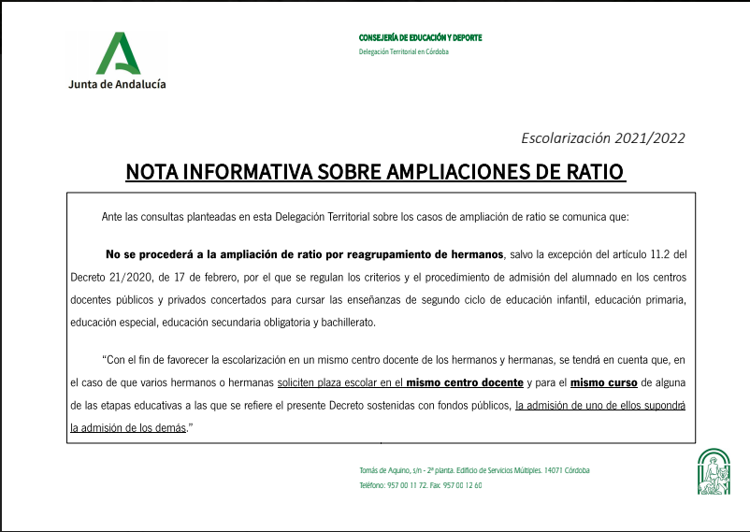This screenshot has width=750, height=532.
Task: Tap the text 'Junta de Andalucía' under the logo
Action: click(x=117, y=83)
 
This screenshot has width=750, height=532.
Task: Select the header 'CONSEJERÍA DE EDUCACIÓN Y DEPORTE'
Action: click(x=420, y=37)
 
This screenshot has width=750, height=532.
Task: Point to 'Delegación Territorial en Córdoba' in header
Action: click(x=404, y=51)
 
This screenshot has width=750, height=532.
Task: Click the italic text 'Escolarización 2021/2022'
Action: click(x=602, y=138)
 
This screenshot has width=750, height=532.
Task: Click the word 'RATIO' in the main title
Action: click(x=592, y=173)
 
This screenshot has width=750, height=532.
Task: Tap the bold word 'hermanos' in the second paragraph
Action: click(x=470, y=253)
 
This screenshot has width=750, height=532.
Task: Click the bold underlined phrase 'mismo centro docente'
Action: click(x=465, y=382)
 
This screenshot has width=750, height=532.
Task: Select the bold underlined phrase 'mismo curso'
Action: click(x=604, y=382)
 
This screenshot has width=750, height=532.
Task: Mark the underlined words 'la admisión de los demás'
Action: click(x=129, y=427)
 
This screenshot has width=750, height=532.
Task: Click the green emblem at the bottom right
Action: click(x=715, y=472)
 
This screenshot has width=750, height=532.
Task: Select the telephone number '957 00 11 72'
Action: click(x=408, y=485)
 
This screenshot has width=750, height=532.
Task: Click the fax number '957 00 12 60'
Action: click(x=463, y=485)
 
